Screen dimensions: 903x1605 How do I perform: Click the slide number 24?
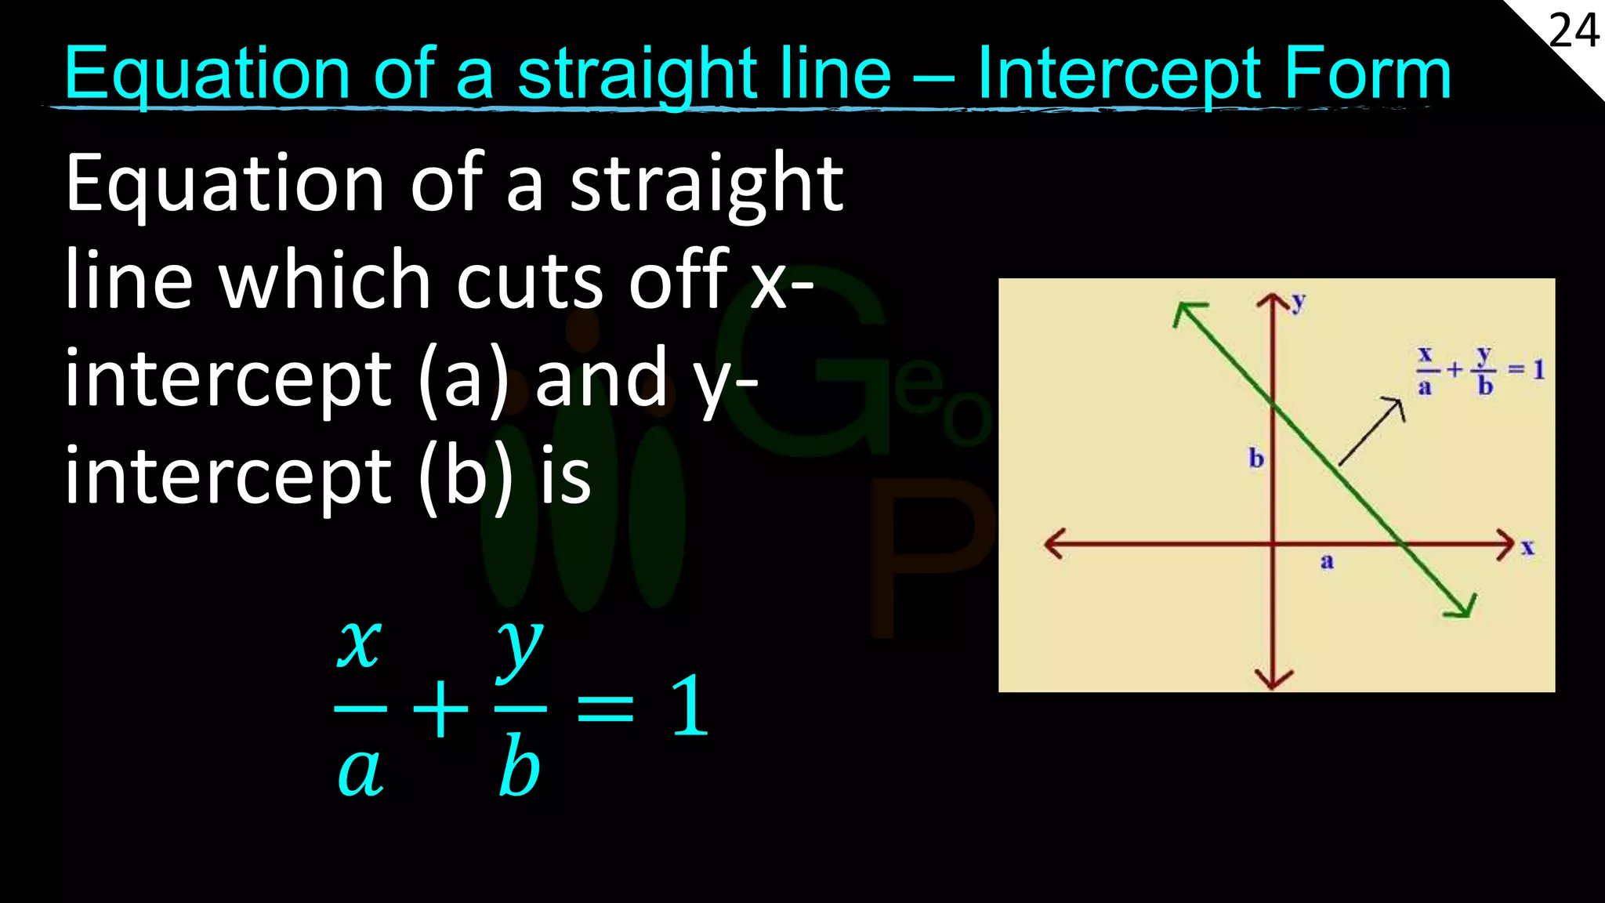pos(1573,31)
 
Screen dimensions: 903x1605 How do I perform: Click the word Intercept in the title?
pos(1118,74)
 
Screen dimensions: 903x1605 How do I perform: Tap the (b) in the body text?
pos(466,477)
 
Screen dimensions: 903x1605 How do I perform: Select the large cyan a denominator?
pos(360,772)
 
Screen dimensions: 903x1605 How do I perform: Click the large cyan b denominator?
pos(520,768)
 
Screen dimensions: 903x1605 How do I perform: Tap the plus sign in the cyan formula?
pos(440,709)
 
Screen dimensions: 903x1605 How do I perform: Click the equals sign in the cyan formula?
pos(605,709)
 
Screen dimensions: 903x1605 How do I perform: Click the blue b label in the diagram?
pos(1256,458)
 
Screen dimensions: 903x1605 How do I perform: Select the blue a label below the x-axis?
pos(1327,561)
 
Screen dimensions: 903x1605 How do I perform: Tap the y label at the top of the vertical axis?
pos(1299,302)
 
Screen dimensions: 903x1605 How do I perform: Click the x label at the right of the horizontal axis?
pos(1527,547)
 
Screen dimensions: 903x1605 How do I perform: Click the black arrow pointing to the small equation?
pos(1371,431)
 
